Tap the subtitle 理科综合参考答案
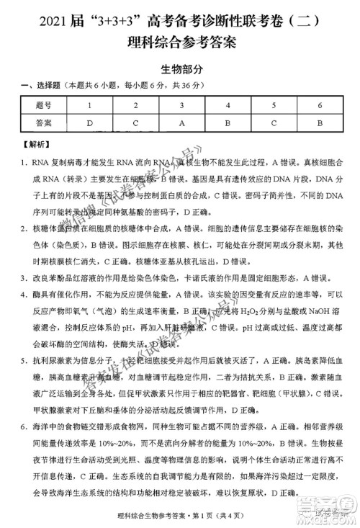pos(179,41)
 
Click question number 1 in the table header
pos(89,106)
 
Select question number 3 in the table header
pos(182,106)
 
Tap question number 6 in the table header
pos(320,106)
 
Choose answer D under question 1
pos(89,122)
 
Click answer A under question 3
pos(182,122)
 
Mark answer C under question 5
pos(274,122)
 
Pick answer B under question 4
pos(228,122)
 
